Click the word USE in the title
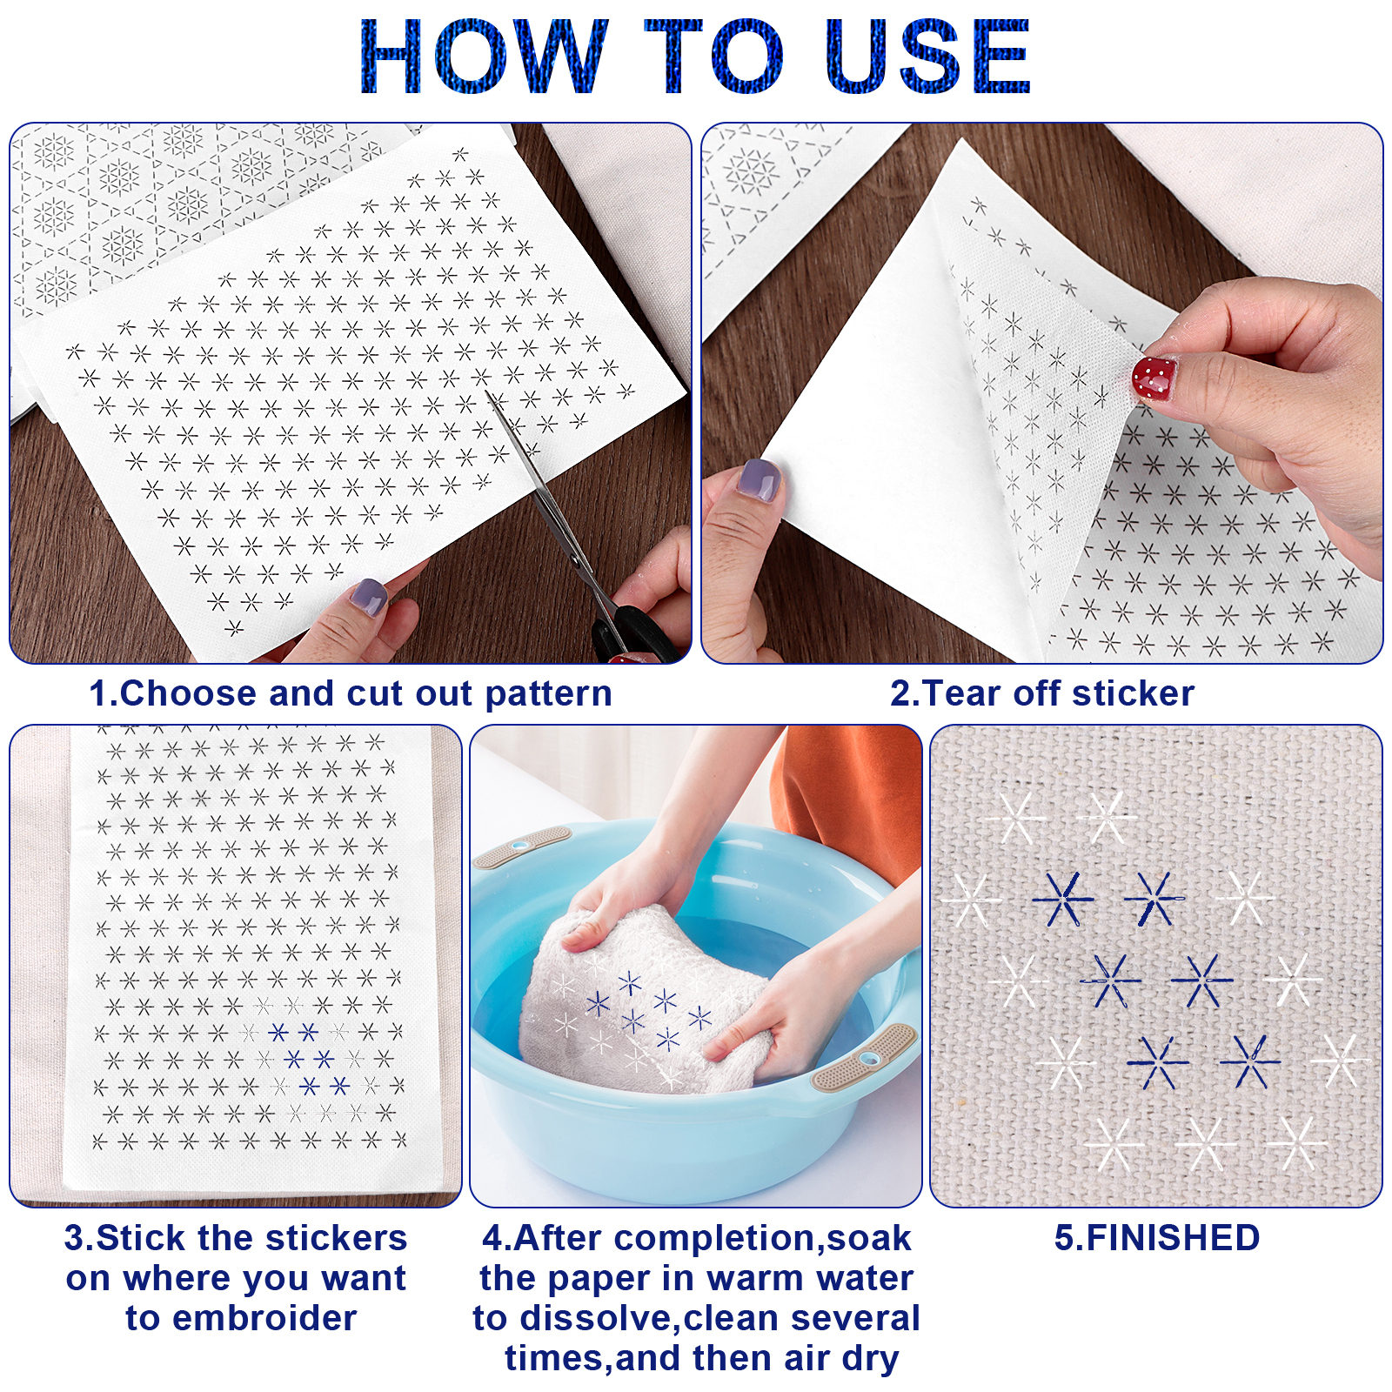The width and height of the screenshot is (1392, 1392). pyautogui.click(x=927, y=57)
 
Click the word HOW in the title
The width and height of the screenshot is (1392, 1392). pyautogui.click(x=484, y=57)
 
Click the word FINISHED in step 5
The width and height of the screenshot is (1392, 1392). pyautogui.click(x=1173, y=1238)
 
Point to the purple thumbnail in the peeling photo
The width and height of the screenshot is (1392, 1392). pyautogui.click(x=759, y=480)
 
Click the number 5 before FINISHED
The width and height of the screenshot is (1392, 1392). pyautogui.click(x=1064, y=1238)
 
